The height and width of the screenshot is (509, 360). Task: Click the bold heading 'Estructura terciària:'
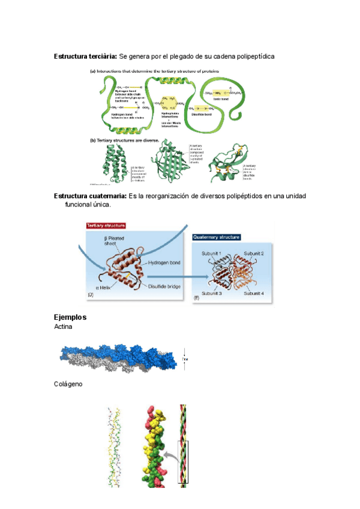[85, 56]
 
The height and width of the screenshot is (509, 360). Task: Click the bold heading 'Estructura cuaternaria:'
[90, 196]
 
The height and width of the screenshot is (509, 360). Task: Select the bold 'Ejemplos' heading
[70, 318]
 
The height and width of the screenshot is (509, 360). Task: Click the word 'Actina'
[64, 328]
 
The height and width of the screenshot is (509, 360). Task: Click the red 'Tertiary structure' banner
[106, 226]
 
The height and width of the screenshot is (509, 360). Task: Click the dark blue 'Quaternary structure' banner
[217, 238]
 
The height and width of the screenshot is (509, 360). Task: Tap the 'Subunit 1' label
[212, 253]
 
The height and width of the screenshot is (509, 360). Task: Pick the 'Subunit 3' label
[213, 294]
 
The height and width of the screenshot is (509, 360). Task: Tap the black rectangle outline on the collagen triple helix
[182, 463]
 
